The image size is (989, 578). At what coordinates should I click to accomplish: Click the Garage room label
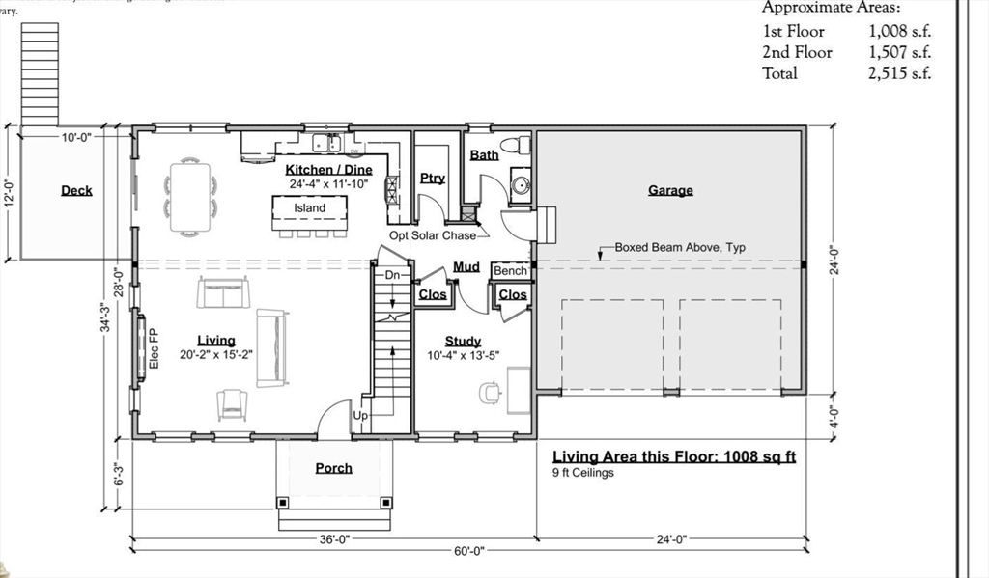click(x=670, y=191)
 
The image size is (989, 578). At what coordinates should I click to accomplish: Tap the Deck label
click(x=76, y=191)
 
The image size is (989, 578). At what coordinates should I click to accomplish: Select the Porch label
click(x=334, y=468)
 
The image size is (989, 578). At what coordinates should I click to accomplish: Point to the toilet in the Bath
click(x=523, y=146)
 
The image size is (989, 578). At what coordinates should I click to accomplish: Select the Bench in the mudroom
click(x=511, y=271)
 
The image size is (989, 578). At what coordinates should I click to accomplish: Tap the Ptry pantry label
click(x=433, y=179)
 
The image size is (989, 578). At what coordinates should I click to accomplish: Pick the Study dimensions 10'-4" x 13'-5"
click(x=464, y=354)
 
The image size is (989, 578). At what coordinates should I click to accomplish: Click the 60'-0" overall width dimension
click(x=468, y=551)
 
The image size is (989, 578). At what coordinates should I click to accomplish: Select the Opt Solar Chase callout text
click(x=433, y=235)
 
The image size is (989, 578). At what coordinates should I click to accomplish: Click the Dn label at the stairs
click(x=392, y=276)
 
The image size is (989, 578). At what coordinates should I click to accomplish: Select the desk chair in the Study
click(x=491, y=392)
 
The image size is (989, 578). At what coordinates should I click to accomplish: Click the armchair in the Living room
click(x=233, y=404)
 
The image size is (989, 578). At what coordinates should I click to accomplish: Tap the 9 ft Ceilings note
click(x=583, y=473)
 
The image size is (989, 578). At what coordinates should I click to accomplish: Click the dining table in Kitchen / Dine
click(x=190, y=197)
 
